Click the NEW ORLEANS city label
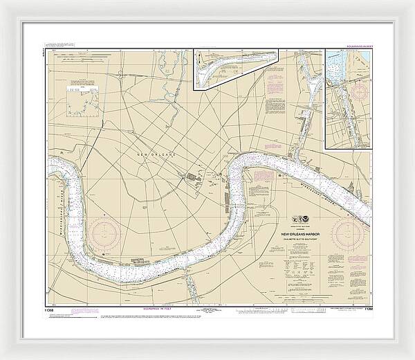pos(156,154)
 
